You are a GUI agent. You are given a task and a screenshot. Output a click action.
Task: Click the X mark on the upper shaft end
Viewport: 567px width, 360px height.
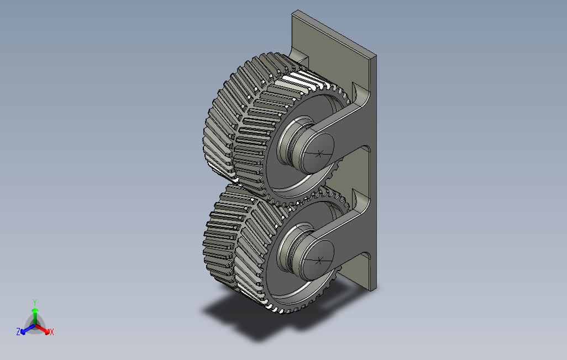(x=318, y=155)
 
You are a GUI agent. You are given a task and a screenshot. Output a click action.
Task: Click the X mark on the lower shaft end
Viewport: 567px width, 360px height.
(x=319, y=260)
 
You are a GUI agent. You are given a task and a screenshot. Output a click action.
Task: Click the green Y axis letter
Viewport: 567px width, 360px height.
(x=35, y=302)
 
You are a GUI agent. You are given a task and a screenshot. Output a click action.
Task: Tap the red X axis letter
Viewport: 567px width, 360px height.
(x=52, y=332)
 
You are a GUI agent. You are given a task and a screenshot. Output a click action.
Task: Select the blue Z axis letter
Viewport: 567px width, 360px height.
(x=18, y=331)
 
